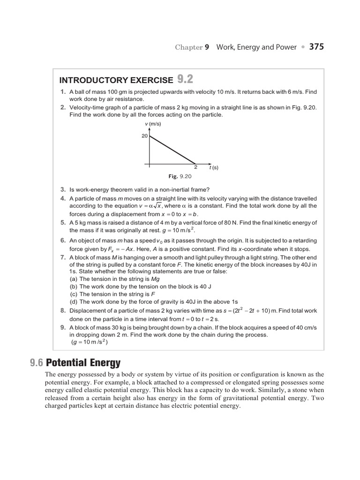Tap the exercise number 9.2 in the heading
point(185,79)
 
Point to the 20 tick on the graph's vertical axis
point(144,136)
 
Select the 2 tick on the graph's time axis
point(195,167)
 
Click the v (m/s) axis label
point(153,124)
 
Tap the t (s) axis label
point(214,167)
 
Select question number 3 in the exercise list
point(62,189)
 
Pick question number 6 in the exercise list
point(62,240)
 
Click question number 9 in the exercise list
point(62,327)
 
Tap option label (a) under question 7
point(74,278)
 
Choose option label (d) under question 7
point(74,301)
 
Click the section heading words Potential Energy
point(83,362)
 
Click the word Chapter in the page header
point(189,47)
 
